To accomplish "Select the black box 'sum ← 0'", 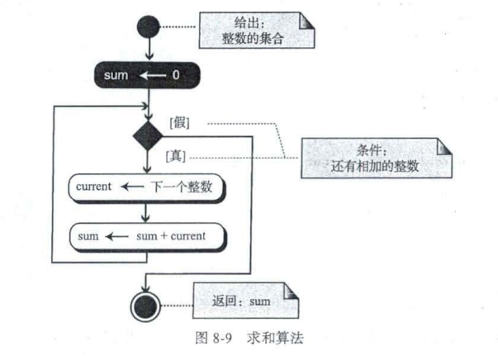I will [148, 76].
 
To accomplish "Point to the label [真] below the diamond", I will [175, 154].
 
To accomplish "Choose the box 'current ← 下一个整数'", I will [148, 187].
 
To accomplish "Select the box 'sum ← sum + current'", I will [148, 236].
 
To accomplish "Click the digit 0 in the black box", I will [175, 76].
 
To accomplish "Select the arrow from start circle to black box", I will [148, 50].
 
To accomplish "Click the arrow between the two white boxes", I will [148, 212].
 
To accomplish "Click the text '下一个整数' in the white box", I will [182, 187].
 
